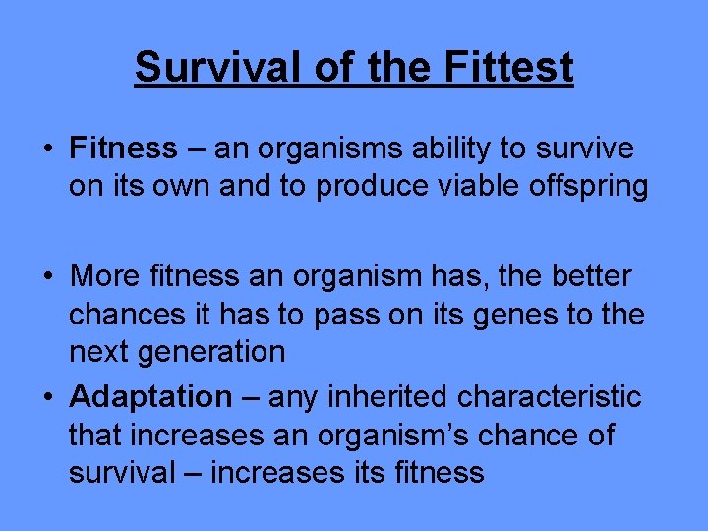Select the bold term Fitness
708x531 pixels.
click(x=123, y=148)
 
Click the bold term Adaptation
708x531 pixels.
click(x=150, y=397)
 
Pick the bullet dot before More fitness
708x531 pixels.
click(x=47, y=278)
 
